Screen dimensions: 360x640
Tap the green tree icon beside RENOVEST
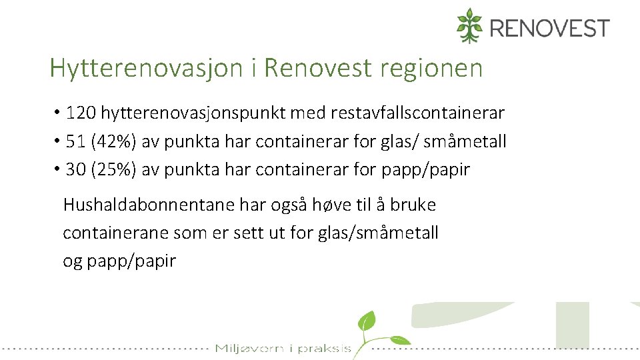pyautogui.click(x=469, y=25)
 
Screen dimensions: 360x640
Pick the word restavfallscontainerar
pyautogui.click(x=417, y=113)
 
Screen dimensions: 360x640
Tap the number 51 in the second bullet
pyautogui.click(x=75, y=141)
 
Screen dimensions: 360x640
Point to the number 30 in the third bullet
pyautogui.click(x=76, y=169)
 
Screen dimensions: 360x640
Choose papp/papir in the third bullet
pyautogui.click(x=425, y=169)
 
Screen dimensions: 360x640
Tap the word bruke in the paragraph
pyautogui.click(x=413, y=205)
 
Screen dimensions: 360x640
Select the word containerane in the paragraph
pyautogui.click(x=115, y=233)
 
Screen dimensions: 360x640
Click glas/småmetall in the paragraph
pyautogui.click(x=377, y=233)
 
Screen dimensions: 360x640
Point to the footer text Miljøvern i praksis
pyautogui.click(x=283, y=348)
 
